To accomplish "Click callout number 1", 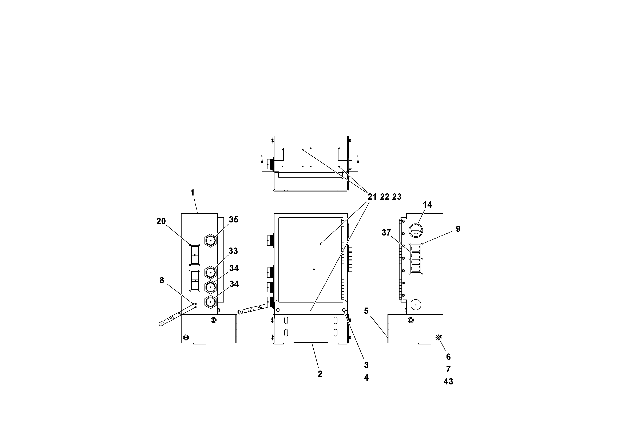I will pyautogui.click(x=192, y=193).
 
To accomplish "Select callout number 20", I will pyautogui.click(x=161, y=221).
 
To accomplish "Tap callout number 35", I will pyautogui.click(x=234, y=219).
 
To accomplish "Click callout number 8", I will pyautogui.click(x=162, y=281).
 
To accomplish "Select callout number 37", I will pyautogui.click(x=386, y=233).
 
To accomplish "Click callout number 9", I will pyautogui.click(x=458, y=229).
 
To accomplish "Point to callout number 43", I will pyautogui.click(x=448, y=381).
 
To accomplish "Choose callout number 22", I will pyautogui.click(x=385, y=197).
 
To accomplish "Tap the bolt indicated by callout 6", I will pyautogui.click(x=438, y=338).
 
